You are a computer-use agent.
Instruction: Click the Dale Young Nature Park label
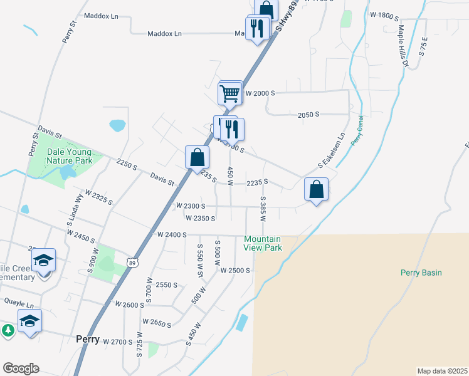click(x=69, y=156)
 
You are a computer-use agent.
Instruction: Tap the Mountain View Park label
click(x=263, y=243)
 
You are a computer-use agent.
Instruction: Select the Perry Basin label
click(x=421, y=273)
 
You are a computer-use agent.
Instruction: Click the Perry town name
click(x=87, y=338)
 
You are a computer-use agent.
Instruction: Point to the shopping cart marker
click(x=229, y=93)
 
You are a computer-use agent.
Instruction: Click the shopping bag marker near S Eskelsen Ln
click(x=317, y=189)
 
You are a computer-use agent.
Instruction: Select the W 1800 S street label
click(x=384, y=15)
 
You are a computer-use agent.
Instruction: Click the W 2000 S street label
click(x=260, y=93)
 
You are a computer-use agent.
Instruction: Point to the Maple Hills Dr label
click(x=403, y=46)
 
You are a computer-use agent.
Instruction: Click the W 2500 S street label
click(x=235, y=271)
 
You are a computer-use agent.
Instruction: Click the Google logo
click(x=21, y=368)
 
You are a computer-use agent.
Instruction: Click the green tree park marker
click(x=7, y=330)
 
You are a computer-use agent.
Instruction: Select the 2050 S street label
click(x=308, y=115)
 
